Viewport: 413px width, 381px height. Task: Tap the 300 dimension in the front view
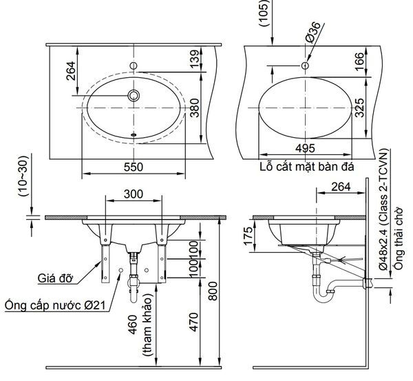pyautogui.click(x=134, y=195)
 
